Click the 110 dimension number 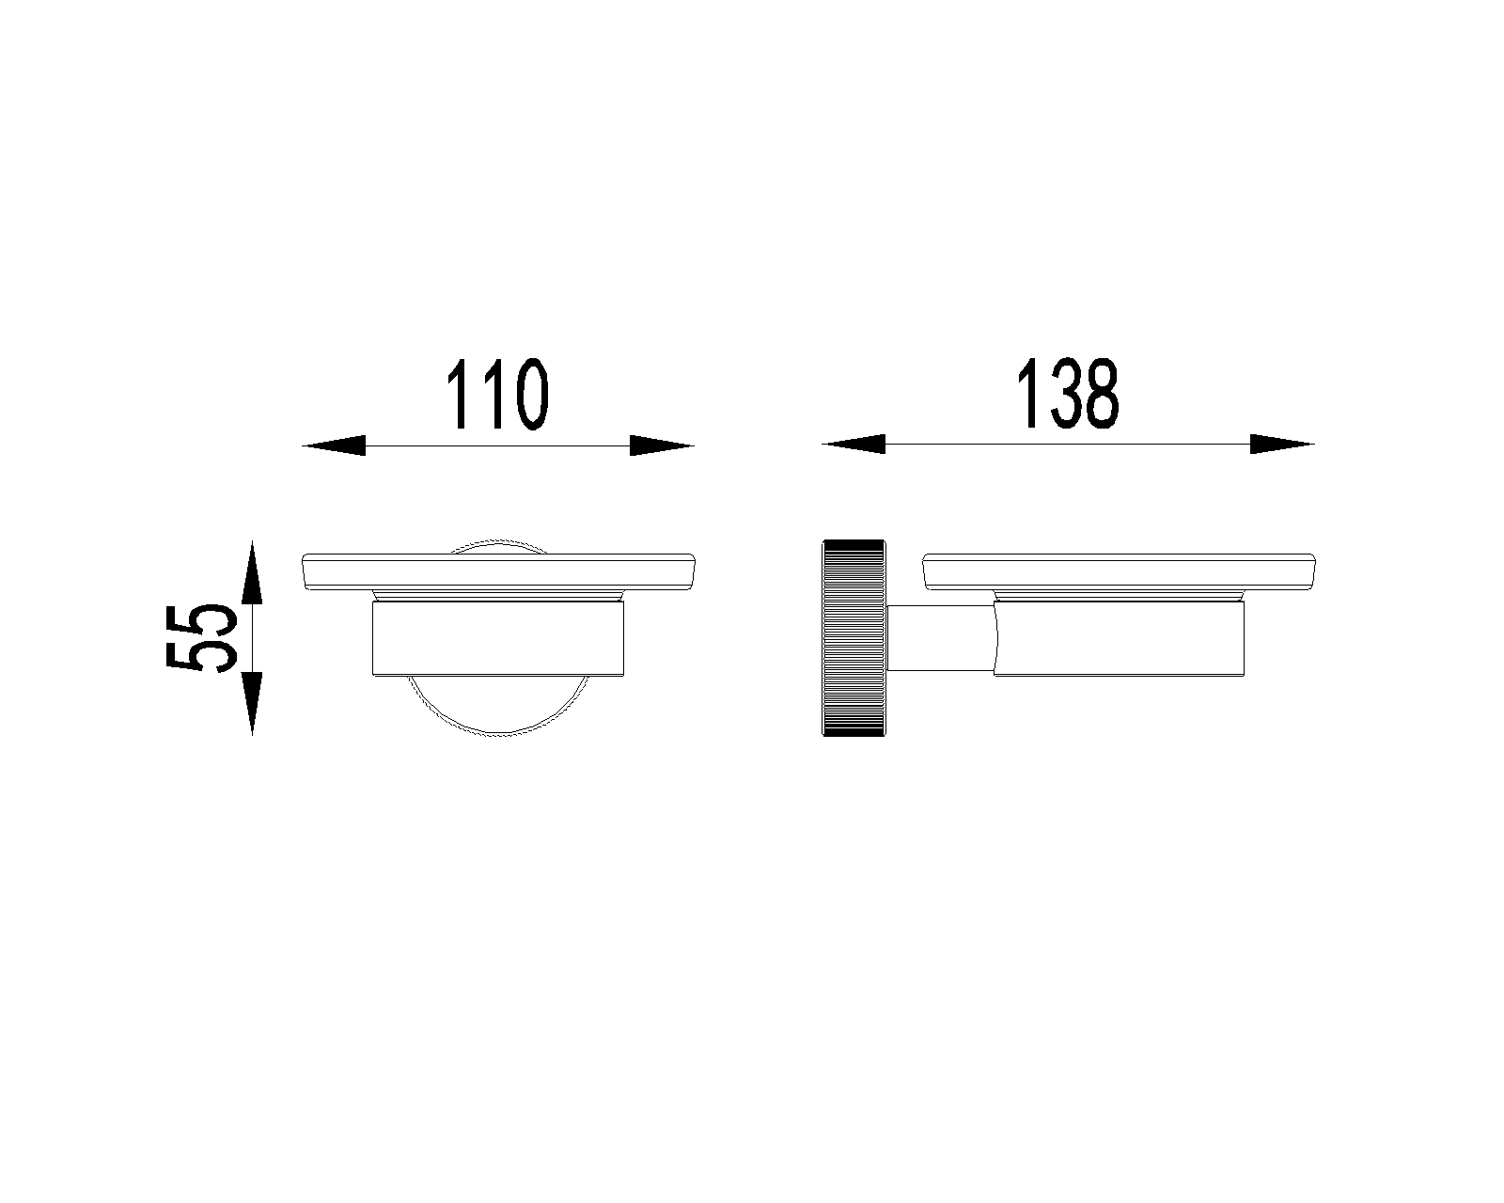[x=497, y=394]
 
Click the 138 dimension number [x=1067, y=393]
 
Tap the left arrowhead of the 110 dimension [x=334, y=445]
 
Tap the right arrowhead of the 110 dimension [x=662, y=445]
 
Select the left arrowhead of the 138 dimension [x=854, y=444]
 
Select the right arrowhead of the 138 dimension [x=1282, y=444]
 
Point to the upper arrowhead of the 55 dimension [x=252, y=571]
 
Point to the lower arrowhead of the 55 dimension [x=252, y=704]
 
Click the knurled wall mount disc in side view [x=854, y=637]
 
